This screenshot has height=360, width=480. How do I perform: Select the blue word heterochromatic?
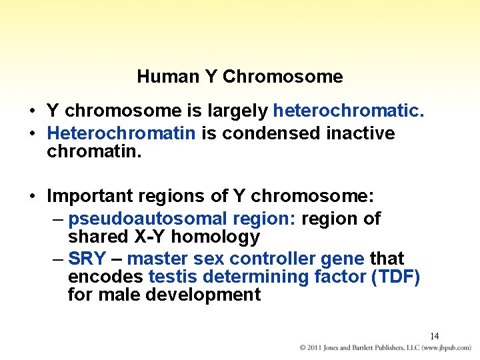pyautogui.click(x=349, y=110)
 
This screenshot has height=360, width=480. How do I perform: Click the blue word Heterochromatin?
pyautogui.click(x=121, y=133)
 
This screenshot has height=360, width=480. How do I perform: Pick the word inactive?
pyautogui.click(x=361, y=133)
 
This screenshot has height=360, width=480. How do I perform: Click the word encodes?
pyautogui.click(x=105, y=277)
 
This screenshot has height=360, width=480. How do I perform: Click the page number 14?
pyautogui.click(x=434, y=336)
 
